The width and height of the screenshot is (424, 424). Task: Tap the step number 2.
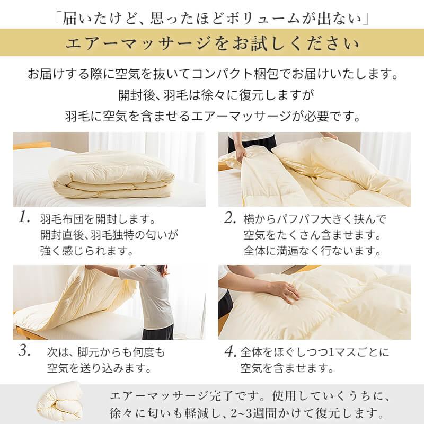(229, 218)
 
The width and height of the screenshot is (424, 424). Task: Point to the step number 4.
(229, 351)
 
